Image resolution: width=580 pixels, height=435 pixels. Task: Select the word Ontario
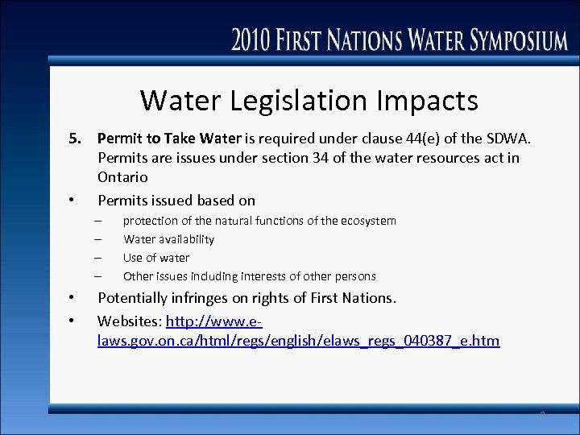(122, 176)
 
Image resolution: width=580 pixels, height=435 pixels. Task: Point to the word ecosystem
(366, 221)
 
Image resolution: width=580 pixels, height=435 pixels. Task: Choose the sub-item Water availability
(168, 239)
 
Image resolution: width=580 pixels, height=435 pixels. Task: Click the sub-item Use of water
(156, 258)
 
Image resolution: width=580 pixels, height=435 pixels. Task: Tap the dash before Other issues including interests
(97, 276)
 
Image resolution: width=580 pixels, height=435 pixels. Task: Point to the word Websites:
(130, 321)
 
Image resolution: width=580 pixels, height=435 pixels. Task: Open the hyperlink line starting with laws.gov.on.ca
(298, 341)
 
